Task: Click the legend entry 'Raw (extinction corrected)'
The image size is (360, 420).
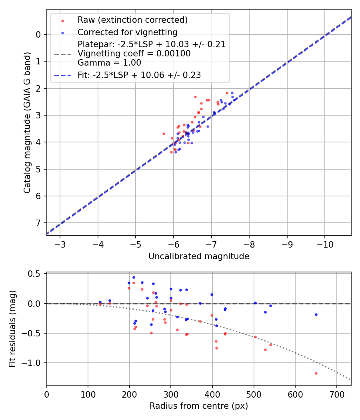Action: point(132,20)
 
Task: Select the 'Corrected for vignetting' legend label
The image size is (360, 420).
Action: point(128,32)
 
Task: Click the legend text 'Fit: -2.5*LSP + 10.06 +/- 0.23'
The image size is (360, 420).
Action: point(139,75)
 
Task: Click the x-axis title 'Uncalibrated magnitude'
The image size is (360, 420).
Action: point(199,256)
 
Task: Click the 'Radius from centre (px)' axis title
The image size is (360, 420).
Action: point(199,406)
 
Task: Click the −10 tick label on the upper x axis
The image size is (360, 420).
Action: point(324,244)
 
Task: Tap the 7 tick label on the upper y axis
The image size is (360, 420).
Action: point(38,223)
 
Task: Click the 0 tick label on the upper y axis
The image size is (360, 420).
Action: point(38,34)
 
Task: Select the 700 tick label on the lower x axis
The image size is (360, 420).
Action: point(336,394)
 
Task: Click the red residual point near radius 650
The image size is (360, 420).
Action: point(316,373)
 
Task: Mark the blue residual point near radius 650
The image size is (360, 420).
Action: point(316,314)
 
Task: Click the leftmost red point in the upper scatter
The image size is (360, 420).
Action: point(164,134)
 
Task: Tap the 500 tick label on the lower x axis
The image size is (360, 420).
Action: point(254,394)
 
